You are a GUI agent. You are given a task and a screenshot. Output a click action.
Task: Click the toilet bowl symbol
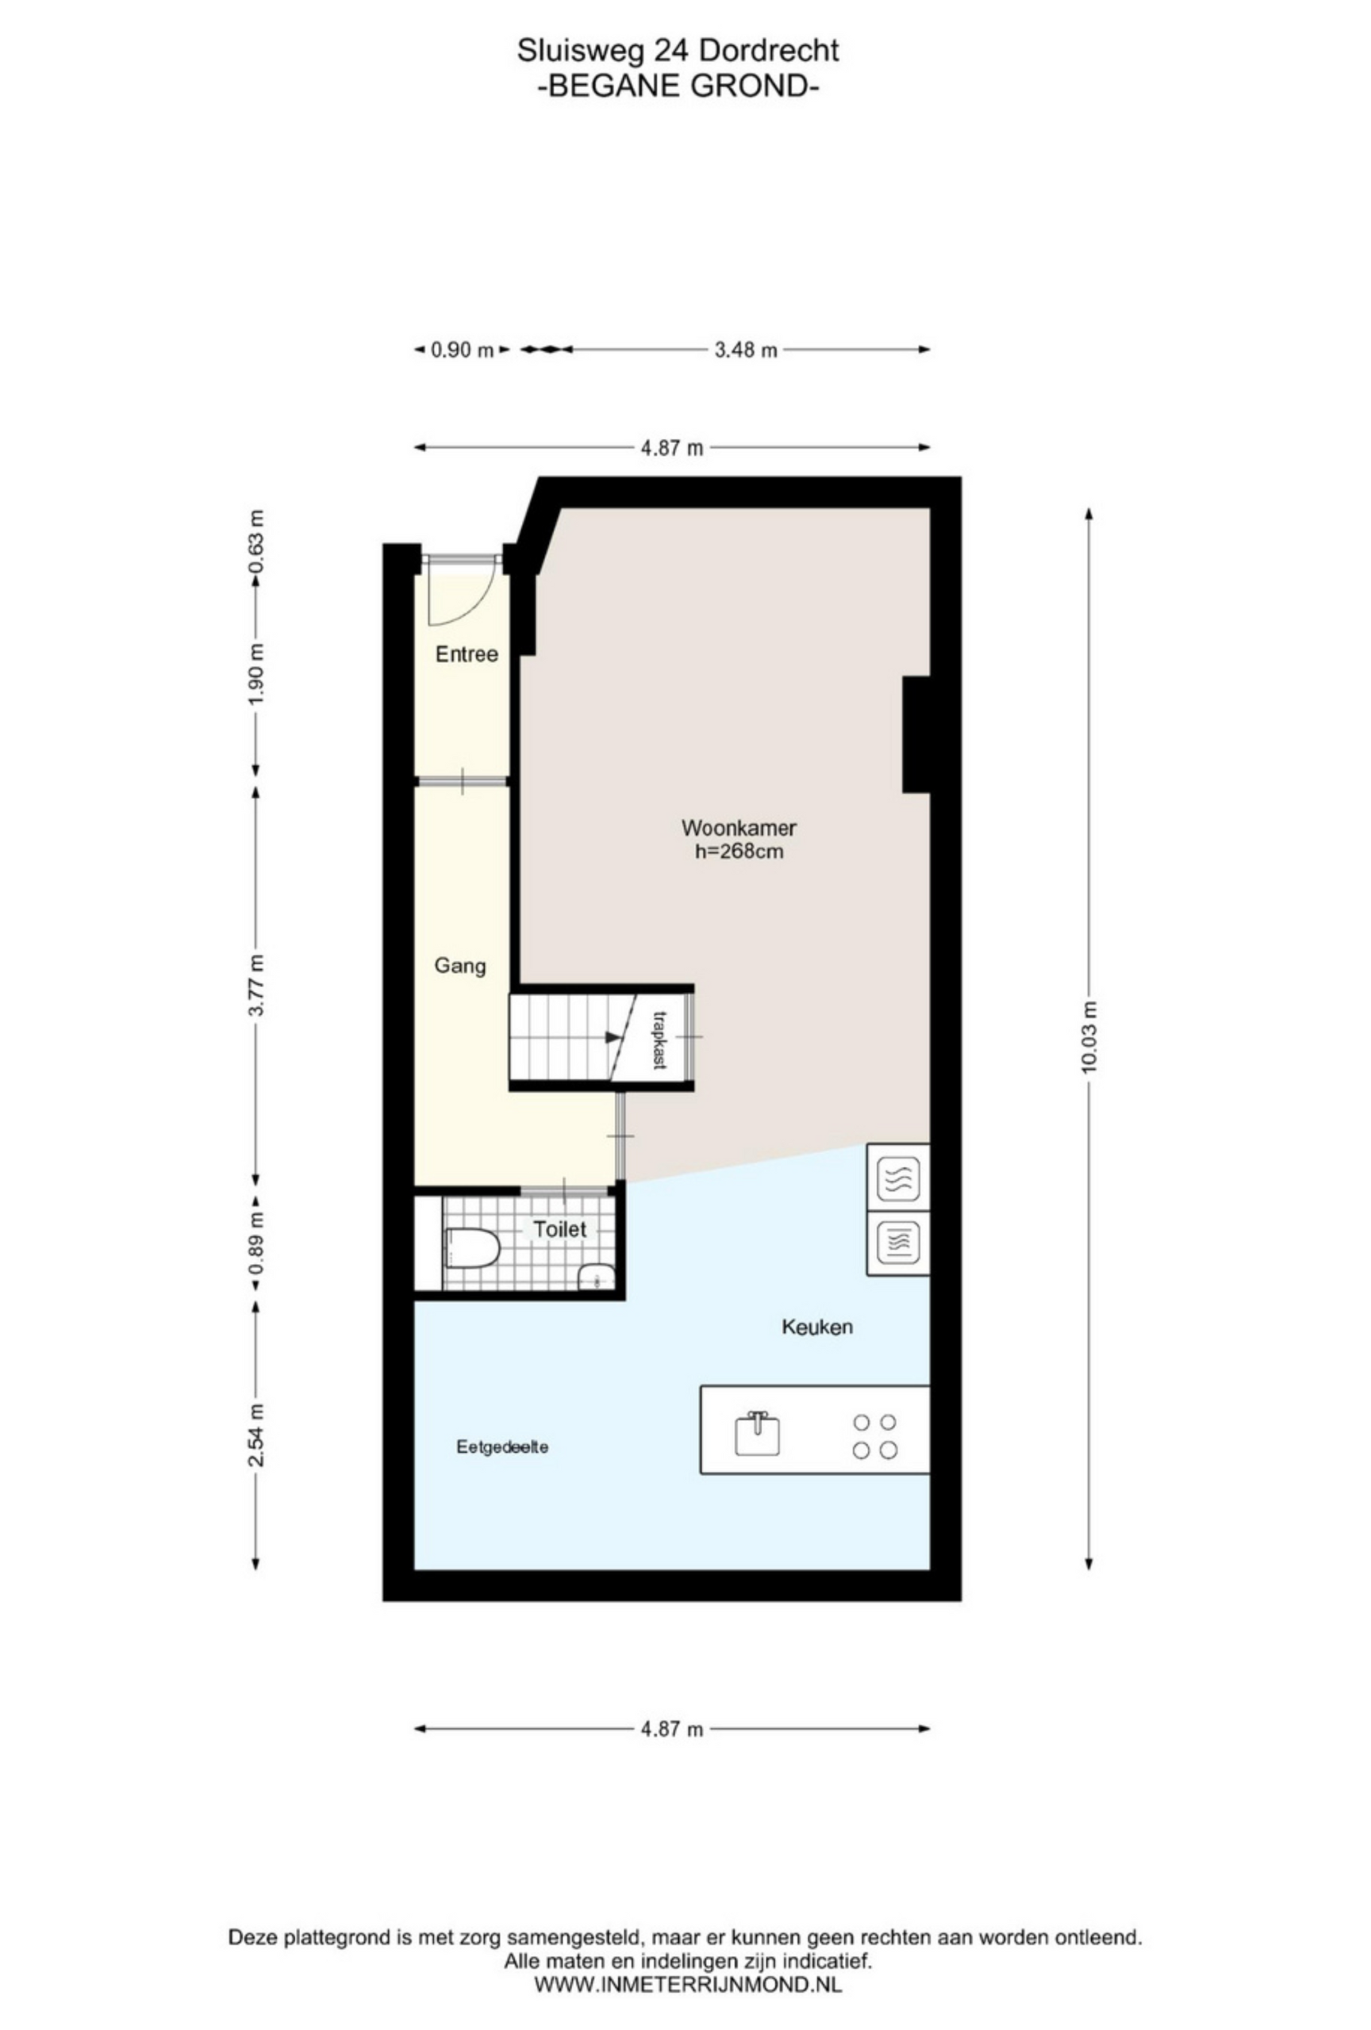pos(471,1247)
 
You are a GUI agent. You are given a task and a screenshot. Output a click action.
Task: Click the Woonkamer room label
pos(739,826)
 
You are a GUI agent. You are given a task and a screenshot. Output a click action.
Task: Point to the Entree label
pos(467,653)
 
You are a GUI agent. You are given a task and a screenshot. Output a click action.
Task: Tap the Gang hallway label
pos(459,966)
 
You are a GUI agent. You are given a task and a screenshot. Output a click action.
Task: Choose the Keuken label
pos(816,1327)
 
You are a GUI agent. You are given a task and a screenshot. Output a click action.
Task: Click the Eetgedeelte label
pos(501,1447)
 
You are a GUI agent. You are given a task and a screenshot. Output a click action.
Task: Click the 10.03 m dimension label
pos(1088,1037)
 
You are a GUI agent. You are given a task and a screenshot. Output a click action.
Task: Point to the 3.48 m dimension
pos(745,350)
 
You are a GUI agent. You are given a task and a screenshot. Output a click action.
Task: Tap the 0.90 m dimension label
pos(463,350)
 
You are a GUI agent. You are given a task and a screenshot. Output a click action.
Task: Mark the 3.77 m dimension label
pos(255,984)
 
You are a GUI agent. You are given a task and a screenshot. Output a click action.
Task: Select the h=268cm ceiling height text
pos(739,851)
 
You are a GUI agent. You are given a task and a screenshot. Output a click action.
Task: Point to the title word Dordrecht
pos(769,52)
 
